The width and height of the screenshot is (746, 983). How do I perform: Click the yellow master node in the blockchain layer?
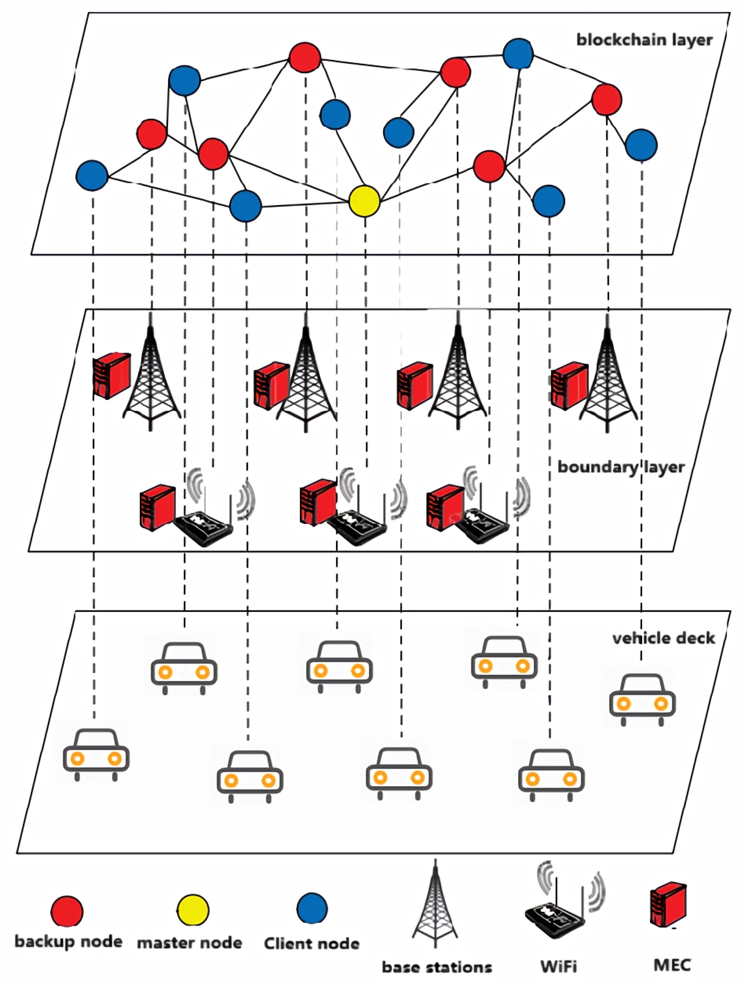click(x=364, y=201)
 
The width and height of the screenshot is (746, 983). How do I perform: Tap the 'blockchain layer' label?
click(x=644, y=40)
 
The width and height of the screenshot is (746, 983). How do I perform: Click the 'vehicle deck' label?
click(x=663, y=639)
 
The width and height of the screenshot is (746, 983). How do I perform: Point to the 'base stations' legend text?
click(x=437, y=967)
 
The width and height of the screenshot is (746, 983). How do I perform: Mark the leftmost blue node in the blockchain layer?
click(x=92, y=175)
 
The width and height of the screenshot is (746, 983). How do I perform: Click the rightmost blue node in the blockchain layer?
click(x=641, y=145)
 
